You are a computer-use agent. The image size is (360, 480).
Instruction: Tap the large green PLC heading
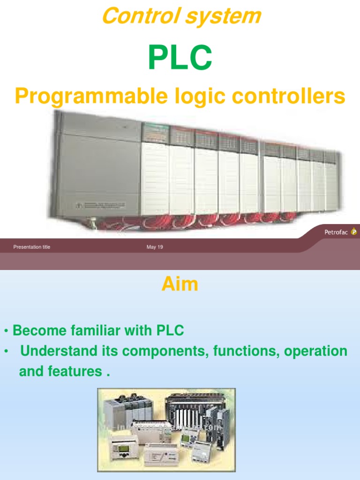180,58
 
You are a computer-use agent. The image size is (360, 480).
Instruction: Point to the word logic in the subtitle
200,97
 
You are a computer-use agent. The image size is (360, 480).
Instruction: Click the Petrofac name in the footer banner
336,232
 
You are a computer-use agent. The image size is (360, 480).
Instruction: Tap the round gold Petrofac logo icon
354,232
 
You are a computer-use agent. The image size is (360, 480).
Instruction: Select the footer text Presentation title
32,247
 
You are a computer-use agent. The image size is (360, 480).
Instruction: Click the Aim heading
180,284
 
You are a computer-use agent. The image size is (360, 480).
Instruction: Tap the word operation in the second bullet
315,351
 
